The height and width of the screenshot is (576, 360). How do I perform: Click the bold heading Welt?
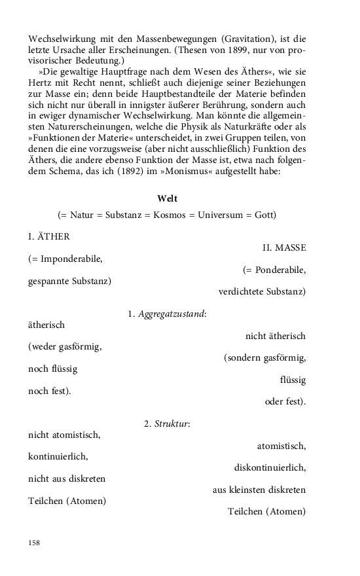pos(167,198)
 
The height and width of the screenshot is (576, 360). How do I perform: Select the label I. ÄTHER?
pos(49,236)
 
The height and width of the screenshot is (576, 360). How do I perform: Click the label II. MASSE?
pos(284,247)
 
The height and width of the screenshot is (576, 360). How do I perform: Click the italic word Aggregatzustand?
pos(172,314)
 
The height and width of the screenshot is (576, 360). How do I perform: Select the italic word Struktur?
pos(171,424)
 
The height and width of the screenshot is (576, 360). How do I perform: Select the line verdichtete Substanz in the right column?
pos(262,291)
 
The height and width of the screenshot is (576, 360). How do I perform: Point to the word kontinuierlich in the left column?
pos(58,456)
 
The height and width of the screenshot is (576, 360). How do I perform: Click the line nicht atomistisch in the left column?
pos(64,434)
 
